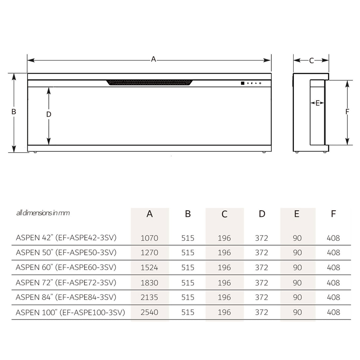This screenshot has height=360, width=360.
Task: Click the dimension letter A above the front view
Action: pos(153,59)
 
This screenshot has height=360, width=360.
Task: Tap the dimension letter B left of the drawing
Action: pos(14,112)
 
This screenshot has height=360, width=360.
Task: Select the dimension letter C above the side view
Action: pos(311,61)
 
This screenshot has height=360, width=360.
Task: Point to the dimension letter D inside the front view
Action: pos(49,114)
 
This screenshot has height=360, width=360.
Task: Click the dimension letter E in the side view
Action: pos(317,103)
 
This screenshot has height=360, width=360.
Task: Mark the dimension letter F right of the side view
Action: pos(347,112)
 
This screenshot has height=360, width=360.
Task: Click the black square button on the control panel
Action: pos(242,83)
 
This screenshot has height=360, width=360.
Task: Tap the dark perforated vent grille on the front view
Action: pos(150,83)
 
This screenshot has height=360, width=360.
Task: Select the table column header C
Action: pos(224,214)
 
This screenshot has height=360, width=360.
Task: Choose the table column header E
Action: pos(297,214)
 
